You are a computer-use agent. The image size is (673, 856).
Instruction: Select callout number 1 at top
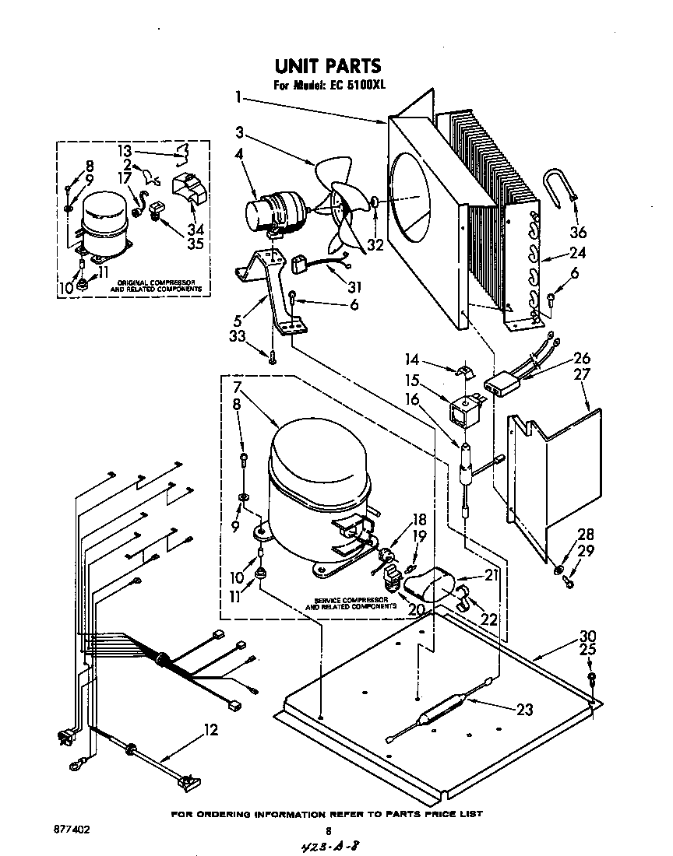(238, 98)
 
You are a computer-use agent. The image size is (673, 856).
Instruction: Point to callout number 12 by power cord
(210, 730)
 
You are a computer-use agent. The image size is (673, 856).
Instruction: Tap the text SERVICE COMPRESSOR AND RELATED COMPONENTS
(351, 604)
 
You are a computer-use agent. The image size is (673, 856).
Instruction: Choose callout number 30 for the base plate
(587, 634)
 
